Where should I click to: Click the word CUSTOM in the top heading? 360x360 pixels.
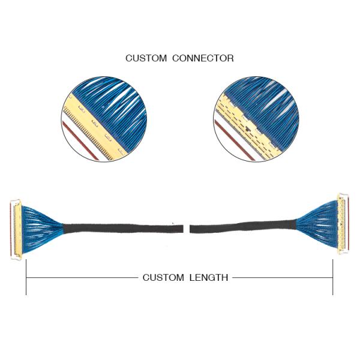pyautogui.click(x=146, y=58)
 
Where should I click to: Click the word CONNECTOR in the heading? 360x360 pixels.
pyautogui.click(x=203, y=58)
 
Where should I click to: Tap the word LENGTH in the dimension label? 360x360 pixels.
pyautogui.click(x=209, y=278)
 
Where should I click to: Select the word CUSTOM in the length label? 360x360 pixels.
pyautogui.click(x=163, y=278)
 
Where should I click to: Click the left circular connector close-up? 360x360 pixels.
pyautogui.click(x=104, y=119)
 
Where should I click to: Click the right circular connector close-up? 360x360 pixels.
pyautogui.click(x=256, y=119)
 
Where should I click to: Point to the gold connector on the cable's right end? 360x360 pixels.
pyautogui.click(x=343, y=224)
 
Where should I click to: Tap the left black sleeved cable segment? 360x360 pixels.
pyautogui.click(x=123, y=228)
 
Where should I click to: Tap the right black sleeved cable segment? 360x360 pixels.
pyautogui.click(x=243, y=227)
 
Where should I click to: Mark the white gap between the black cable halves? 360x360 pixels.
pyautogui.click(x=187, y=229)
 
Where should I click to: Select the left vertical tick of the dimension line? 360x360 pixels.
pyautogui.click(x=26, y=277)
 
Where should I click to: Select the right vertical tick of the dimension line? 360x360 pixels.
pyautogui.click(x=332, y=277)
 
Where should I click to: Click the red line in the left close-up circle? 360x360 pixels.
pyautogui.click(x=80, y=141)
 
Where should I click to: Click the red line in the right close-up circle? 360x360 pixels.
pyautogui.click(x=234, y=140)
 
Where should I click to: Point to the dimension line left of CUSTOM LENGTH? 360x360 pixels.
pyautogui.click(x=82, y=278)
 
